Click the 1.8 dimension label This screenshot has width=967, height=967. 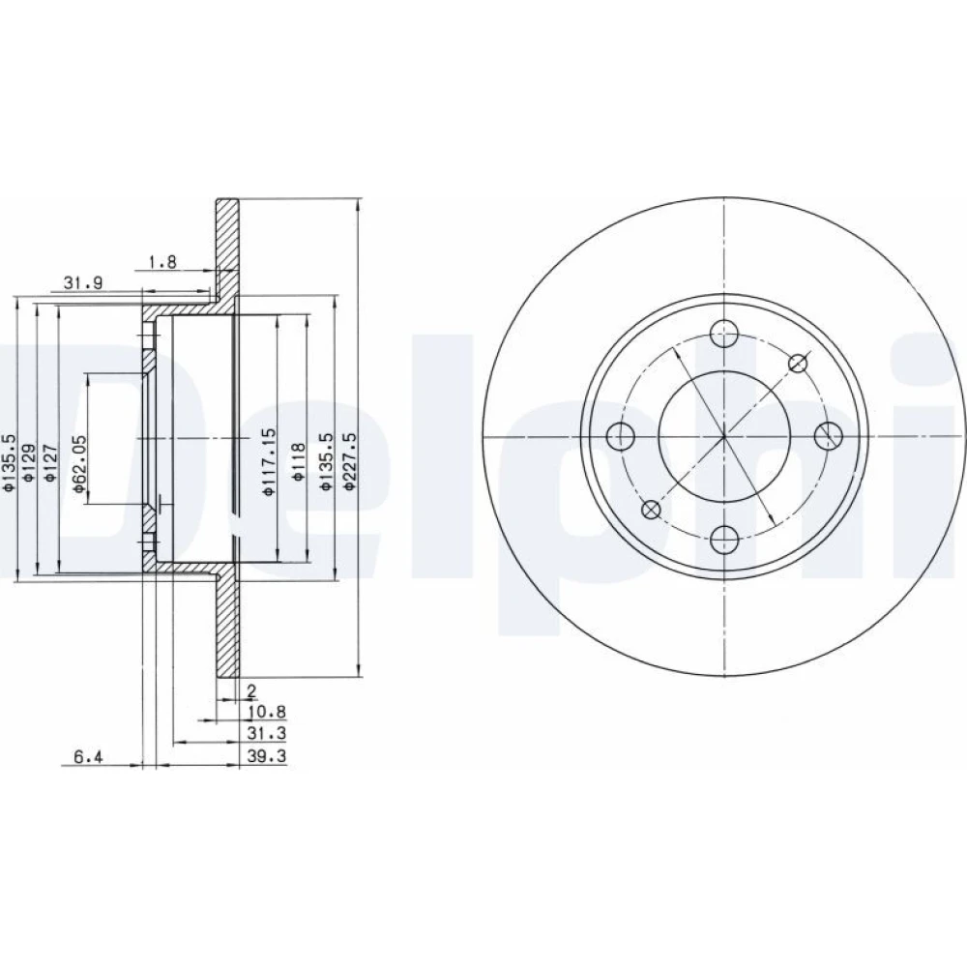[x=162, y=261]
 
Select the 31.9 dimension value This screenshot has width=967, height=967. [x=83, y=283]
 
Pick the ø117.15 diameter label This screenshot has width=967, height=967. [x=269, y=462]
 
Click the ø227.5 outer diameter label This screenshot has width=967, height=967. [x=350, y=461]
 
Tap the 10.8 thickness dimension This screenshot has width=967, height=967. [x=267, y=713]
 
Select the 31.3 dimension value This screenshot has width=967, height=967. [x=267, y=733]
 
